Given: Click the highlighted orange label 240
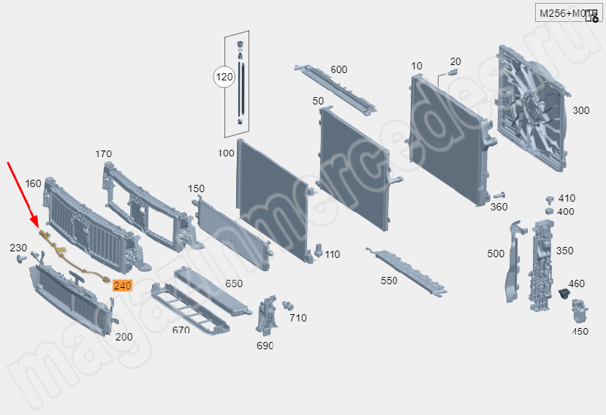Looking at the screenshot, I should (x=122, y=286).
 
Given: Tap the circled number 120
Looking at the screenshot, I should (x=224, y=76).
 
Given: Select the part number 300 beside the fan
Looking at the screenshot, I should (x=580, y=110).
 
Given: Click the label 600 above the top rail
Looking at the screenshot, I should (x=338, y=70).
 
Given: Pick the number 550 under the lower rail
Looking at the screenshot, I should (x=389, y=280).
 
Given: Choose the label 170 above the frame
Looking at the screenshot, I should (x=103, y=154).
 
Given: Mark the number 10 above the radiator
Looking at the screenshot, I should (x=417, y=66).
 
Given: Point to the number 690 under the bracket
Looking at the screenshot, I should (x=265, y=345).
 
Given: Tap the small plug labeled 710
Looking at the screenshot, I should (x=287, y=304).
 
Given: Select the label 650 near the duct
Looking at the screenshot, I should (x=234, y=283).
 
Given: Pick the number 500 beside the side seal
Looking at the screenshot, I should (x=496, y=254).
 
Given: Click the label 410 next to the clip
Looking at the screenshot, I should (x=567, y=198).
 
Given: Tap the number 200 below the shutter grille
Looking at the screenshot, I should (x=124, y=337).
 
